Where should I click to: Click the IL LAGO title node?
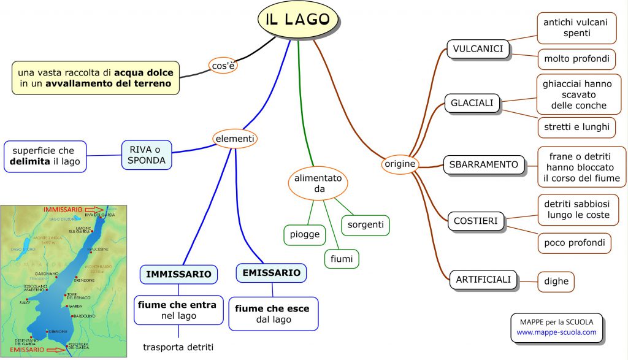(x=298, y=18)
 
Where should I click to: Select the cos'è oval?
(x=223, y=66)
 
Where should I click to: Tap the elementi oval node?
(x=234, y=139)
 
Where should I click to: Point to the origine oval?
(x=400, y=164)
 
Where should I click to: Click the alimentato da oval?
(x=319, y=183)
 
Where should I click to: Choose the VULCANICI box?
(x=478, y=48)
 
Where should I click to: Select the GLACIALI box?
(x=472, y=103)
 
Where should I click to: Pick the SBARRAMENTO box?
(x=484, y=164)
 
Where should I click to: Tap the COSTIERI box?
(x=476, y=220)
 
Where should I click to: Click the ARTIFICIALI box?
(x=483, y=280)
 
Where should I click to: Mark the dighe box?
(x=556, y=281)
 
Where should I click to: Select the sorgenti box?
(x=366, y=224)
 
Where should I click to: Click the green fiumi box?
(x=342, y=259)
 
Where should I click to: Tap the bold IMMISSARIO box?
(x=178, y=274)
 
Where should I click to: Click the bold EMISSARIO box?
(x=271, y=272)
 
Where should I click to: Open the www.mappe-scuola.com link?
(x=556, y=332)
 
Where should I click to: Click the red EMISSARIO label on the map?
(x=27, y=350)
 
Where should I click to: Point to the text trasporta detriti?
(x=178, y=347)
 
